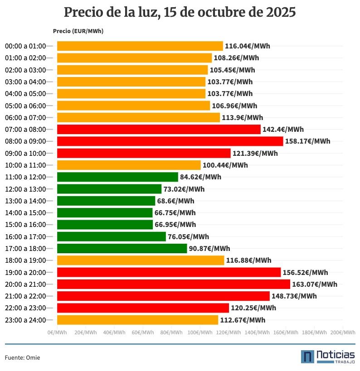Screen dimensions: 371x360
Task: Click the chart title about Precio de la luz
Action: pyautogui.click(x=180, y=12)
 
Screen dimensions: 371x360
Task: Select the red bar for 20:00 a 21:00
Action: pyautogui.click(x=173, y=284)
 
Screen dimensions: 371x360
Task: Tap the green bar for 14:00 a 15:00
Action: pyautogui.click(x=105, y=212)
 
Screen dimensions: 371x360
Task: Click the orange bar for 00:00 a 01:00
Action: pyautogui.click(x=140, y=46)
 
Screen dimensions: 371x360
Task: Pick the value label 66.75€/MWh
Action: pyautogui.click(x=175, y=212)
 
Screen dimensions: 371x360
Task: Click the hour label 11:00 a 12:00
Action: pyautogui.click(x=25, y=177)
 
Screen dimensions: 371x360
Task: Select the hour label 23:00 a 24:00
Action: pyautogui.click(x=25, y=320)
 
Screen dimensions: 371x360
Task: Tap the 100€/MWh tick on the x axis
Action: pyautogui.click(x=200, y=332)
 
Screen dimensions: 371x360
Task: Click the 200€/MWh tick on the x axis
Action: pyautogui.click(x=343, y=332)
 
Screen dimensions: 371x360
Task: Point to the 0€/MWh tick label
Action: pyautogui.click(x=57, y=332)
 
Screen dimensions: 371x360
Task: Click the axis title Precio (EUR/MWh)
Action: pyautogui.click(x=78, y=31)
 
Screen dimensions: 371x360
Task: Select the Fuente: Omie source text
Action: pyautogui.click(x=22, y=357)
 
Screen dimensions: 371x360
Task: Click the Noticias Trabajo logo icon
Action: pyautogui.click(x=307, y=357)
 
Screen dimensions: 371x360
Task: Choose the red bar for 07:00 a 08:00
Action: pyautogui.click(x=159, y=129)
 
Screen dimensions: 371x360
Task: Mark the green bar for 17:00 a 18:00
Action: pyautogui.click(x=122, y=248)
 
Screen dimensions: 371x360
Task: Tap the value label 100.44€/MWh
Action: pyautogui.click(x=225, y=165)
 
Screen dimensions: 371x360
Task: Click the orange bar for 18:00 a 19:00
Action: pyautogui.click(x=141, y=260)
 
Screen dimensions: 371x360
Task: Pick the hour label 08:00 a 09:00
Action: pyautogui.click(x=25, y=141)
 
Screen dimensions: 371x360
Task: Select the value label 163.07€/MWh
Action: pyautogui.click(x=314, y=284)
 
